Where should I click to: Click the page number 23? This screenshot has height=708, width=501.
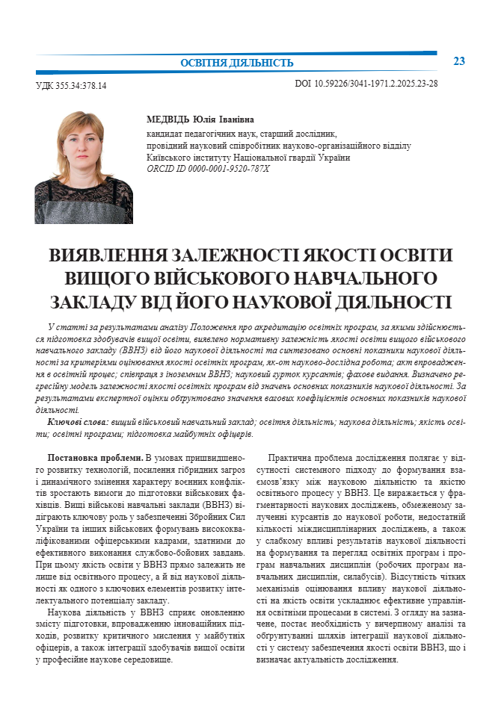(459, 60)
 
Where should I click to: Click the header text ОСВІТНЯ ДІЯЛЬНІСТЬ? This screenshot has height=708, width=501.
(237, 63)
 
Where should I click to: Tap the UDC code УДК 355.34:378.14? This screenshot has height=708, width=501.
(71, 86)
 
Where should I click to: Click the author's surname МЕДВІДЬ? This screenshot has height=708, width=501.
(168, 119)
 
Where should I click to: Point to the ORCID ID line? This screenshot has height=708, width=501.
(209, 169)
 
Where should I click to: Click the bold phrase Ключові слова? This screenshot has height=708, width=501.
(78, 423)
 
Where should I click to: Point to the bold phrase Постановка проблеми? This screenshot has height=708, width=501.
(95, 457)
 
